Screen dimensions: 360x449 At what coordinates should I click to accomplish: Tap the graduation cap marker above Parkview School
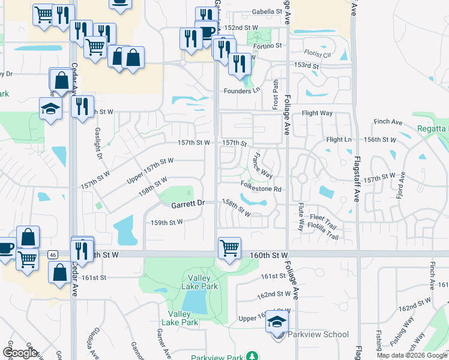[x=277, y=320]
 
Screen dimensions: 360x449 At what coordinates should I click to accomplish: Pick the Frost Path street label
[x=276, y=94]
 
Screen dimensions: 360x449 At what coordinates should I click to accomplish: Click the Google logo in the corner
[x=20, y=353]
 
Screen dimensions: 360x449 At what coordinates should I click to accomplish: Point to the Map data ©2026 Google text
[x=412, y=355]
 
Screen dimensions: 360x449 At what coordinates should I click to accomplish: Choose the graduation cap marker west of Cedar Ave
[x=50, y=109]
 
